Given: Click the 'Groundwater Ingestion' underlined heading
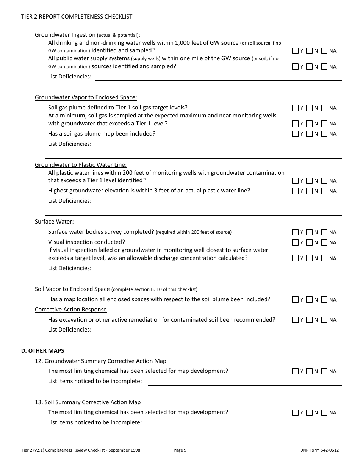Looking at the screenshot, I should pyautogui.click(x=65, y=35).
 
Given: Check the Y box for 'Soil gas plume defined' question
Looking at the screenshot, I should pyautogui.click(x=295, y=108).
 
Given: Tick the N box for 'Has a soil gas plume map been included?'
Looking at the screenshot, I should pyautogui.click(x=309, y=134).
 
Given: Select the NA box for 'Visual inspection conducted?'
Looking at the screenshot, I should pyautogui.click(x=324, y=242).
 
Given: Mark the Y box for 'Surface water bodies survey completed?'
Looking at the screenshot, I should pyautogui.click(x=295, y=232).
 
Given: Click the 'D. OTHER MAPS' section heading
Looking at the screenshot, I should pyautogui.click(x=42, y=351).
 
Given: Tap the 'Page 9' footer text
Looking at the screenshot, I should pyautogui.click(x=180, y=450).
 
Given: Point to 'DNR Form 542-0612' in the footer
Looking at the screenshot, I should pyautogui.click(x=319, y=450).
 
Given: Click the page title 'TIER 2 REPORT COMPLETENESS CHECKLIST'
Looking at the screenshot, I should pyautogui.click(x=77, y=17).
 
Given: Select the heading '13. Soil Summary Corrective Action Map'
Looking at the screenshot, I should pyautogui.click(x=88, y=402).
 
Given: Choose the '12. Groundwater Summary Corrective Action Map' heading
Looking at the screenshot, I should pyautogui.click(x=100, y=361).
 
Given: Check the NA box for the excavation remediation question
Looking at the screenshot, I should pyautogui.click(x=324, y=320).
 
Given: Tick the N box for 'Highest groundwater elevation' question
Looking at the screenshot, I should pyautogui.click(x=309, y=191).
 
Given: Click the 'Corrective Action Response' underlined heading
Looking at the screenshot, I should pyautogui.click(x=70, y=310).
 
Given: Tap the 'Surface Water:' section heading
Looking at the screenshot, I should pyautogui.click(x=54, y=222).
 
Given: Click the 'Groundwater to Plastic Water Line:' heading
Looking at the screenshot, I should pyautogui.click(x=81, y=165).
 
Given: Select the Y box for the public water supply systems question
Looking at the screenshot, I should pyautogui.click(x=295, y=67).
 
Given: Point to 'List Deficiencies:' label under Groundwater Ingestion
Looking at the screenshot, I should pyautogui.click(x=70, y=77).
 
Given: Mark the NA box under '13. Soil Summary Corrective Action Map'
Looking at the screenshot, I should pyautogui.click(x=324, y=413).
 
